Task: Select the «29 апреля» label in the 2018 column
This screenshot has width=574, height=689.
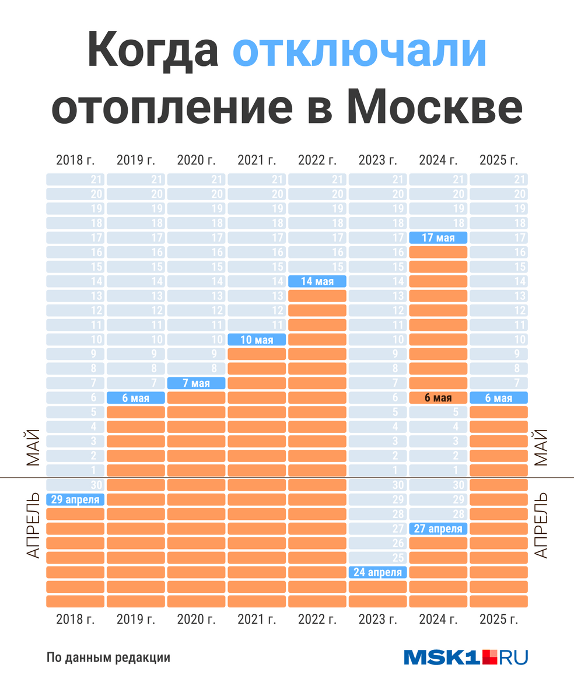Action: pyautogui.click(x=75, y=499)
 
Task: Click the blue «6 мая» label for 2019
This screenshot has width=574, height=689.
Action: pyautogui.click(x=136, y=398)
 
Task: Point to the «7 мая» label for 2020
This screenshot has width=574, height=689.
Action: pyautogui.click(x=197, y=383)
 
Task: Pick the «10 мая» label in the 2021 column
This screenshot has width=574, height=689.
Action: pyautogui.click(x=257, y=340)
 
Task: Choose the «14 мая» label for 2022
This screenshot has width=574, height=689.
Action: pyautogui.click(x=317, y=281)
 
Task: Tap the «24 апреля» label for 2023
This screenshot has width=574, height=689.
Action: pyautogui.click(x=378, y=572)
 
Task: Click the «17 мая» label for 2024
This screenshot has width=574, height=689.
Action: pyautogui.click(x=439, y=237)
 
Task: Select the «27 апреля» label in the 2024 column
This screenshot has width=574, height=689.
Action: pyautogui.click(x=439, y=529)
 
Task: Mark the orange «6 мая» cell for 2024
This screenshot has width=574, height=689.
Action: pyautogui.click(x=439, y=398)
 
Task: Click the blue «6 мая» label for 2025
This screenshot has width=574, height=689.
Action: pyautogui.click(x=499, y=398)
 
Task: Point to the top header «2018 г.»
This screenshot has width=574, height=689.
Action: pyautogui.click(x=75, y=159)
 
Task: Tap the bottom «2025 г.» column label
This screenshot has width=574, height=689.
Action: pyautogui.click(x=499, y=619)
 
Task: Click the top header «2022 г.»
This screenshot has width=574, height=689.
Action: pyautogui.click(x=317, y=159)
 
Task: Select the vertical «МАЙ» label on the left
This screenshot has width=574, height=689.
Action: pyautogui.click(x=33, y=447)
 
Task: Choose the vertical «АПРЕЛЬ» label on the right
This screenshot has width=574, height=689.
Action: pyautogui.click(x=541, y=524)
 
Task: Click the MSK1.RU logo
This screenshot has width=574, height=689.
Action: pyautogui.click(x=466, y=657)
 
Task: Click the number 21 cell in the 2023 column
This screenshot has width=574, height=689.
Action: pyautogui.click(x=378, y=179)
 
